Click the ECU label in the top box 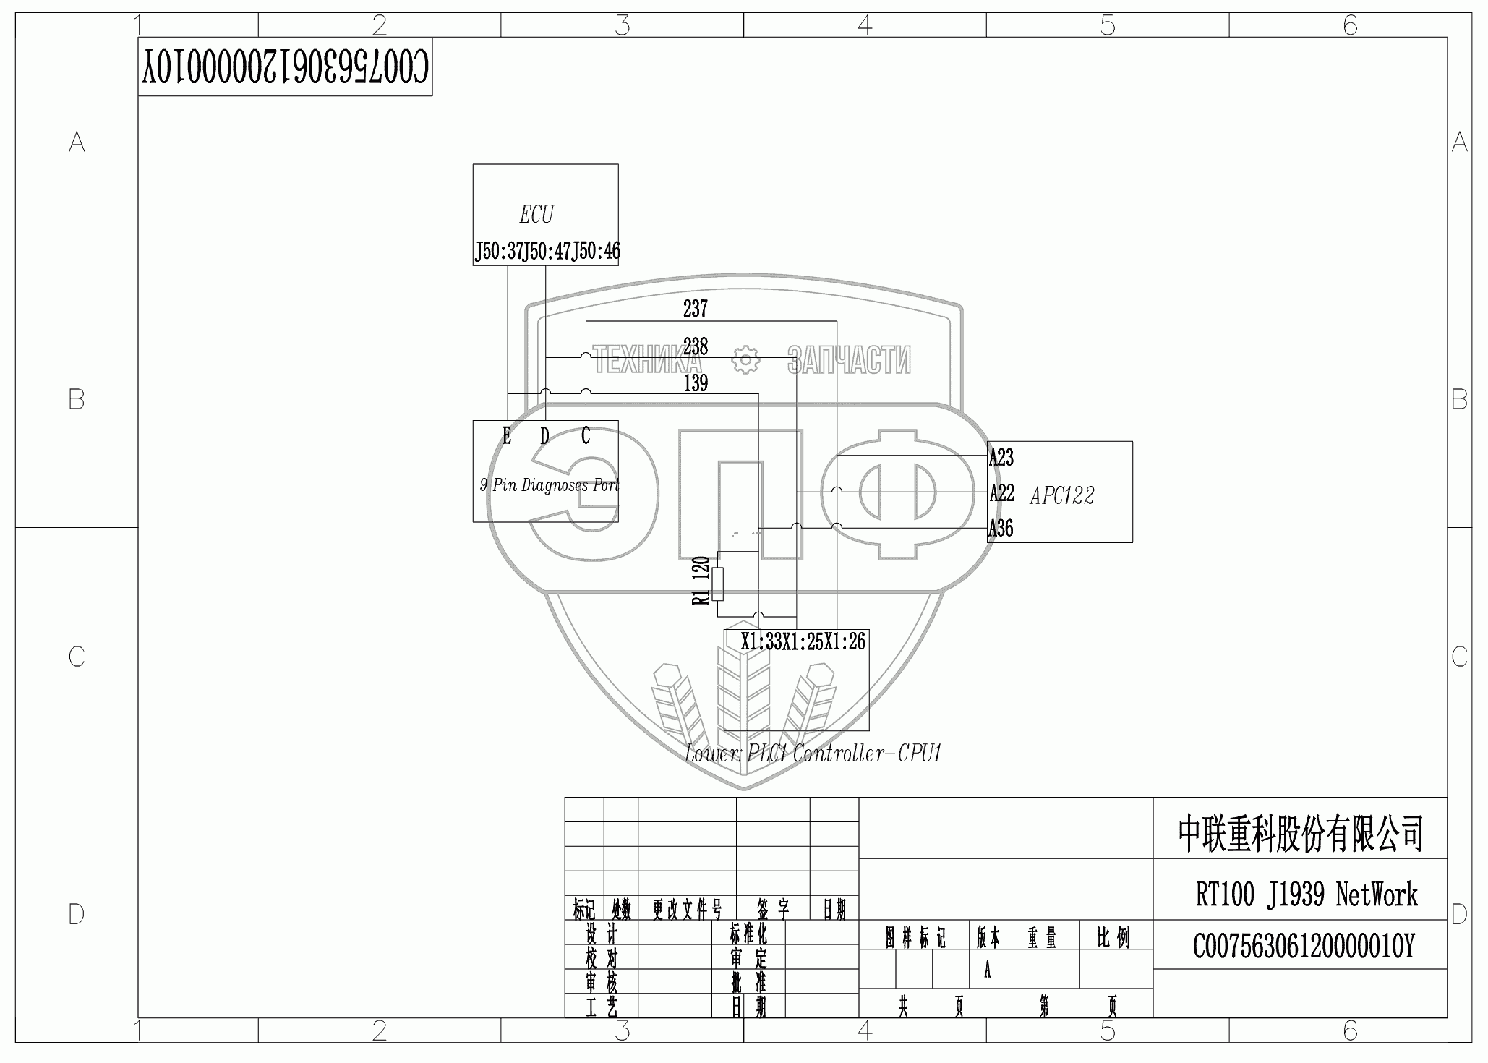(x=536, y=215)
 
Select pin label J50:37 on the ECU (x=498, y=252)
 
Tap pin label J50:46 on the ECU (x=597, y=252)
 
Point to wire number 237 (x=696, y=309)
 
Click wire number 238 (x=696, y=346)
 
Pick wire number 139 (x=696, y=383)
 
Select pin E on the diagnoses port (x=507, y=436)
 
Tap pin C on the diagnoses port (x=586, y=435)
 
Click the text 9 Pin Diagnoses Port (x=550, y=484)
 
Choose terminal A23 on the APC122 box (x=1001, y=457)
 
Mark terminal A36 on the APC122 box (x=1001, y=529)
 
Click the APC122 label (x=1061, y=495)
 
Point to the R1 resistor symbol (x=717, y=584)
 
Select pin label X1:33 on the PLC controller (x=761, y=641)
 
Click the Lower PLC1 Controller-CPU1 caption (x=813, y=754)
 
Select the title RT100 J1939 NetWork (x=1306, y=895)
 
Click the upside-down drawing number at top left (x=285, y=67)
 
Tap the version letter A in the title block (x=987, y=970)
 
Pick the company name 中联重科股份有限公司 (x=1301, y=834)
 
